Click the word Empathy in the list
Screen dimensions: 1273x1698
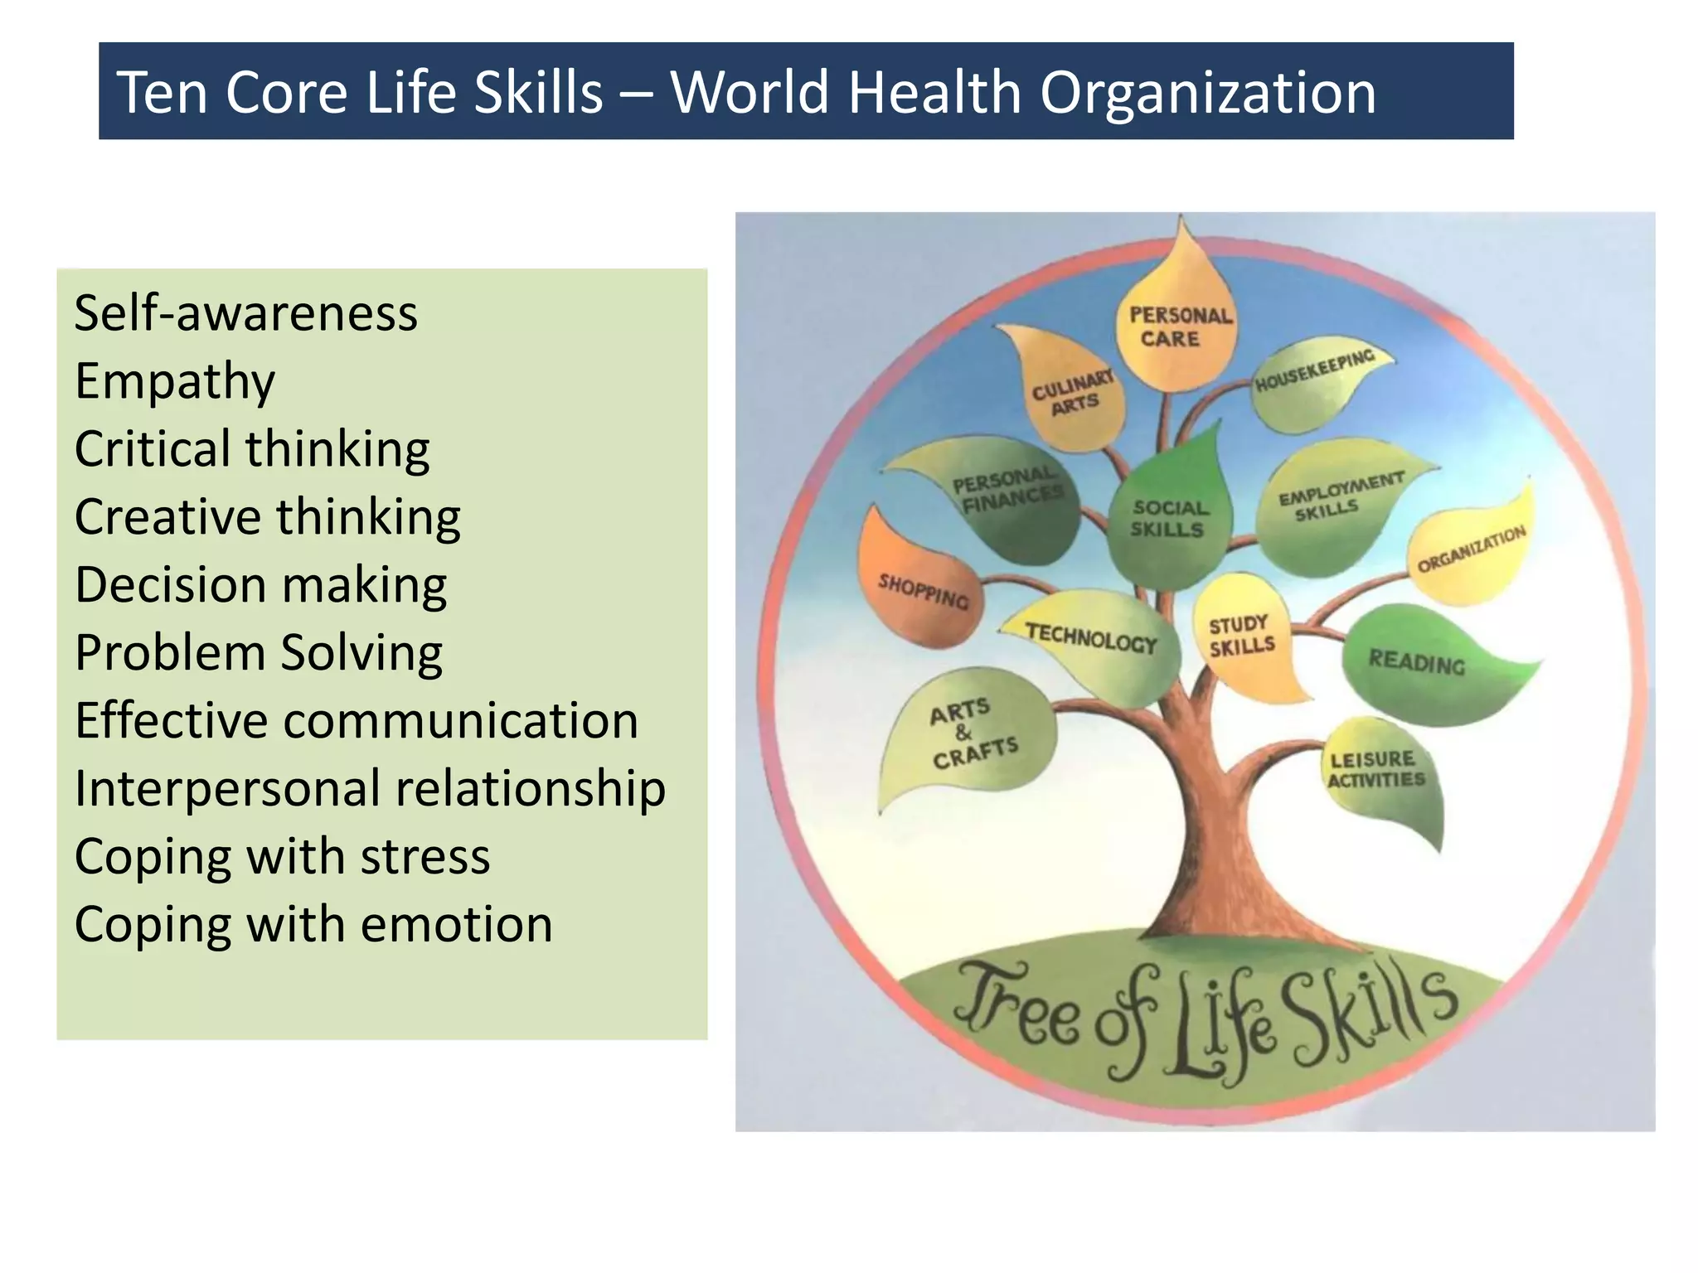click(174, 382)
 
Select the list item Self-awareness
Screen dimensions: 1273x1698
click(245, 314)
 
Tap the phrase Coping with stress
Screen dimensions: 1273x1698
click(282, 856)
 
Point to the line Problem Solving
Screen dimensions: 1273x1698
click(258, 653)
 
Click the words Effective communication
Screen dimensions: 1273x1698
click(357, 721)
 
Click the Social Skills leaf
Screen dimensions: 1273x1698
click(1169, 518)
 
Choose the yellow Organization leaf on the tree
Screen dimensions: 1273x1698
click(1472, 551)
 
